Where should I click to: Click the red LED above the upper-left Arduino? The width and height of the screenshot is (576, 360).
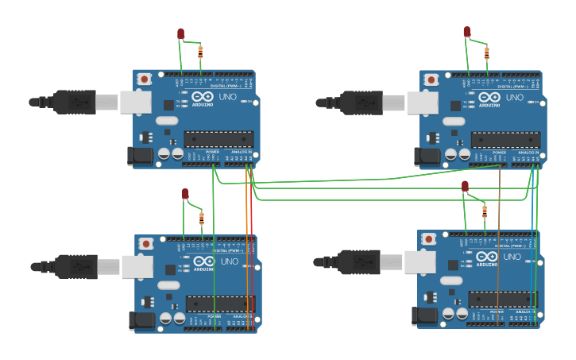181,33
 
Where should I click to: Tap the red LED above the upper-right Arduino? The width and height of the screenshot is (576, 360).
467,32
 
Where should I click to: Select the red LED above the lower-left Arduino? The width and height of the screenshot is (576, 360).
185,193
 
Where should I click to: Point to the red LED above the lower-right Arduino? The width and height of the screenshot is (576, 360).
466,186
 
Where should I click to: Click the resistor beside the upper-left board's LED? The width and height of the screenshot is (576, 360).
200,52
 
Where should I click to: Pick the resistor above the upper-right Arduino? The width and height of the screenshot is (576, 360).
487,52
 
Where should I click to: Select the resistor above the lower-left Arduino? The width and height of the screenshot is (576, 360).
202,217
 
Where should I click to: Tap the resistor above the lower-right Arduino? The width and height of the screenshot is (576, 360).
485,211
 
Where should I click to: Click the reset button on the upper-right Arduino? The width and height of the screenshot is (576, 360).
431,79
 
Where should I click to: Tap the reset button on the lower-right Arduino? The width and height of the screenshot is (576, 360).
429,238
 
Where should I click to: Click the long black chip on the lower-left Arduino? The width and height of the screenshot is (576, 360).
220,304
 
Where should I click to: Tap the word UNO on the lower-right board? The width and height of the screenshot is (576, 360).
513,257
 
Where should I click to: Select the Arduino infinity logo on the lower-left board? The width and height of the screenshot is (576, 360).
203,261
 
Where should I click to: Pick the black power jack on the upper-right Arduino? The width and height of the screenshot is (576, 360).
430,157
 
